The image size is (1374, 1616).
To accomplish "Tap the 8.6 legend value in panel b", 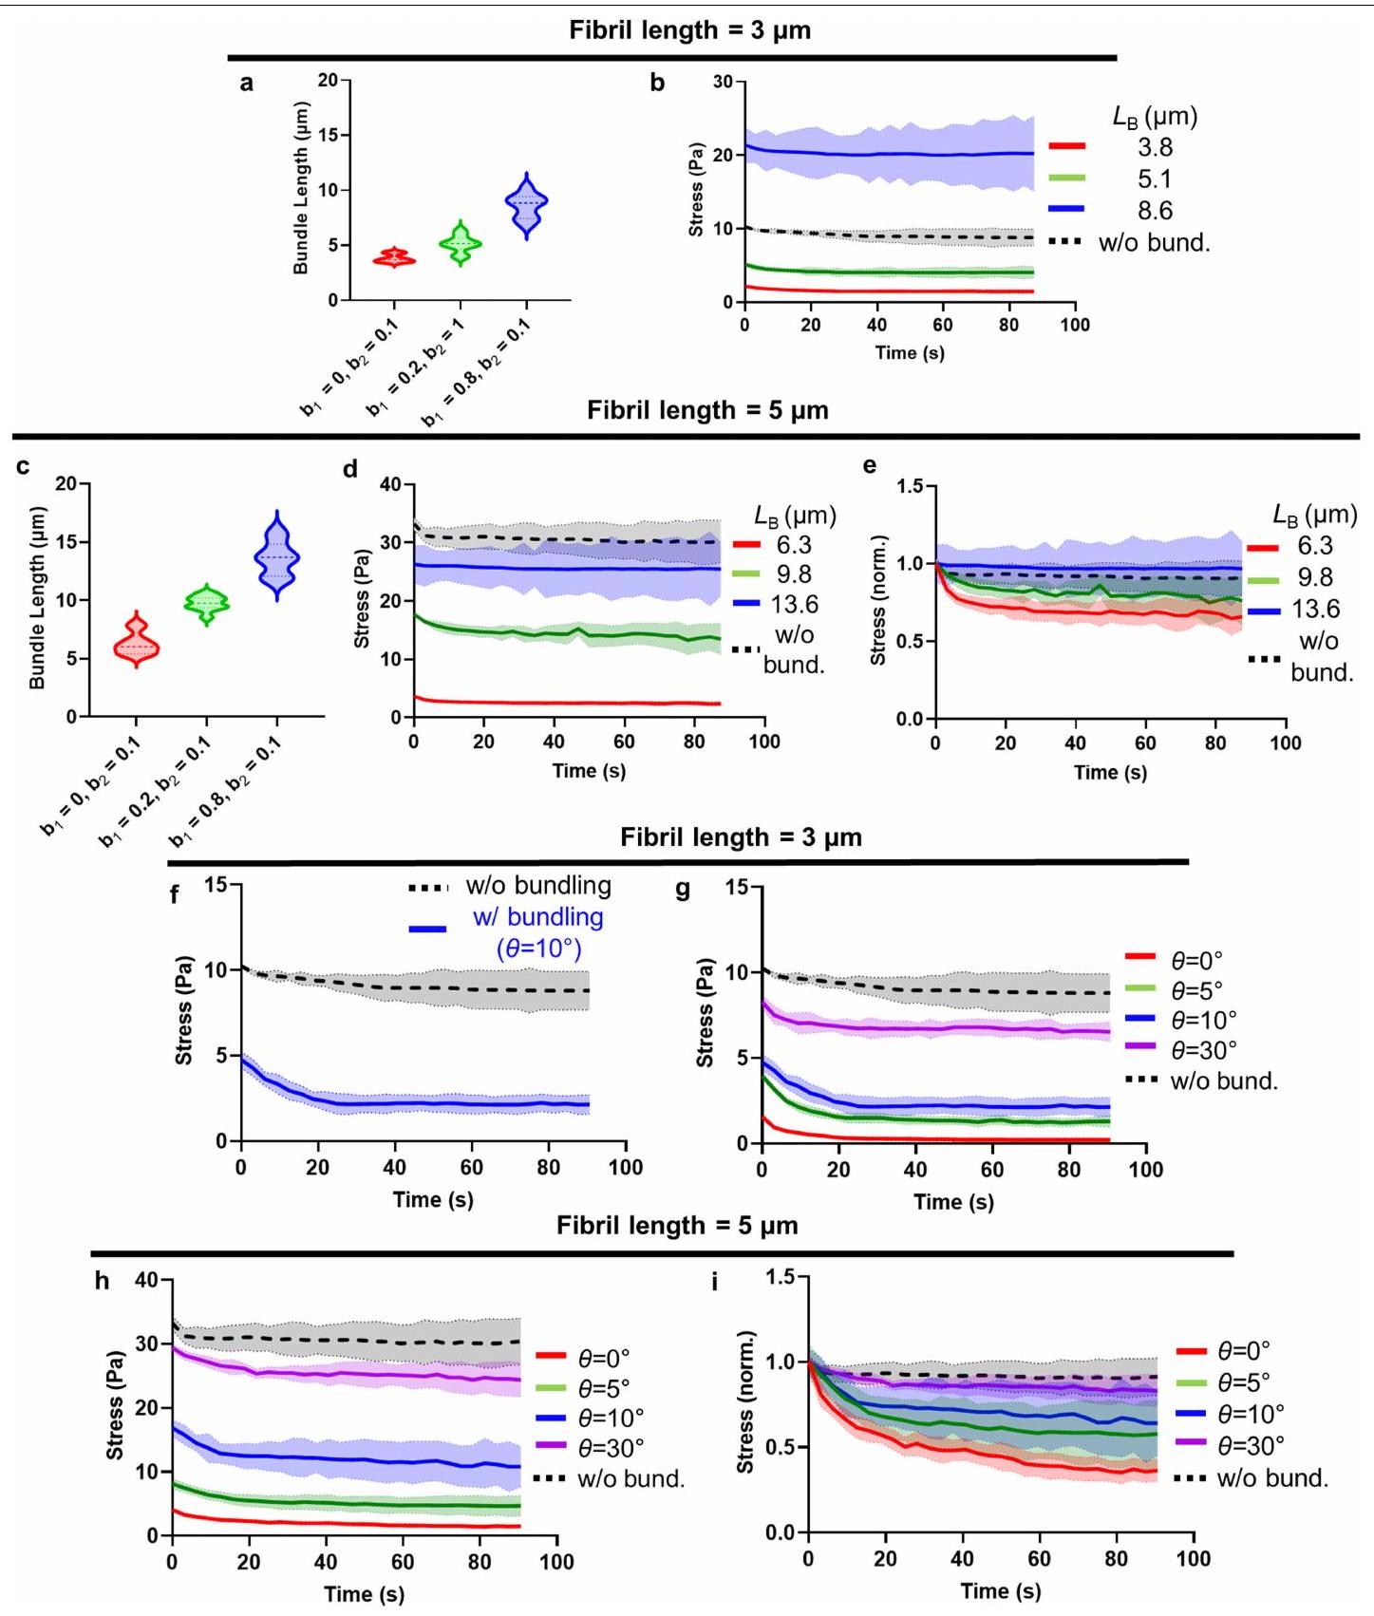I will (x=1155, y=210).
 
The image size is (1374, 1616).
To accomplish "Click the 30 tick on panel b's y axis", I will (x=723, y=82).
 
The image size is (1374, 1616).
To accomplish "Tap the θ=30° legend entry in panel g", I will (x=1204, y=1050).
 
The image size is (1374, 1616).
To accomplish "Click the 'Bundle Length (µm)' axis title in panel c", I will (x=37, y=598).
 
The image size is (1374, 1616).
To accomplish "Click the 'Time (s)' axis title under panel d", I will (x=589, y=771).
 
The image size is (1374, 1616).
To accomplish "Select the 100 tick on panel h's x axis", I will (x=556, y=1562).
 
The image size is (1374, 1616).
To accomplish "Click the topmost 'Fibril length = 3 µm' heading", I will (x=689, y=30).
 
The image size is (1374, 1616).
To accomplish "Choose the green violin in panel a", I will (x=461, y=244).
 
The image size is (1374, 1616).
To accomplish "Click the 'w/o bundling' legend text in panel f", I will (x=537, y=886).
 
